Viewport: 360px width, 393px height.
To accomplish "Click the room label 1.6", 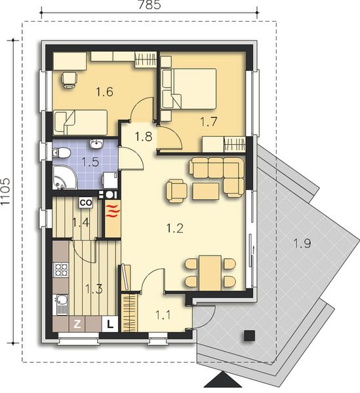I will point(105,92).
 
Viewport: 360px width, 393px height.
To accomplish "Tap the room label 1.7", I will point(209,121).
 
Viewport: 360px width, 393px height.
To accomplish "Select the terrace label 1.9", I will point(302,244).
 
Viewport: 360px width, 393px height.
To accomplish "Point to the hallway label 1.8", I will point(144,136).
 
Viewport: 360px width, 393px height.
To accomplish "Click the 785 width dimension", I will point(151,6).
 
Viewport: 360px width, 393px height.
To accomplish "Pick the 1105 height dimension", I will point(7,190).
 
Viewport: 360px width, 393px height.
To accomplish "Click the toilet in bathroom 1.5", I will point(63,153).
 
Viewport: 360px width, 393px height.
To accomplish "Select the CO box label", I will point(85,203).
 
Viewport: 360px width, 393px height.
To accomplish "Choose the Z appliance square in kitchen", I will point(77,323).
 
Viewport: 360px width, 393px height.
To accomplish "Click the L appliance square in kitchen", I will point(110,323).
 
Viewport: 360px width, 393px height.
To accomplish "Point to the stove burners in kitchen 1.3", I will point(61,269).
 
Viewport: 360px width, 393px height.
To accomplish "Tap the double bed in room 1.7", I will point(191,89).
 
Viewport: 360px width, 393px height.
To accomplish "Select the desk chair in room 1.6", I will point(69,79).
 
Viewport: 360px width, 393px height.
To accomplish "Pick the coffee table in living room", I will point(206,191).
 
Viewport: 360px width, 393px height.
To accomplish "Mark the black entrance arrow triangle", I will point(222,383).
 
